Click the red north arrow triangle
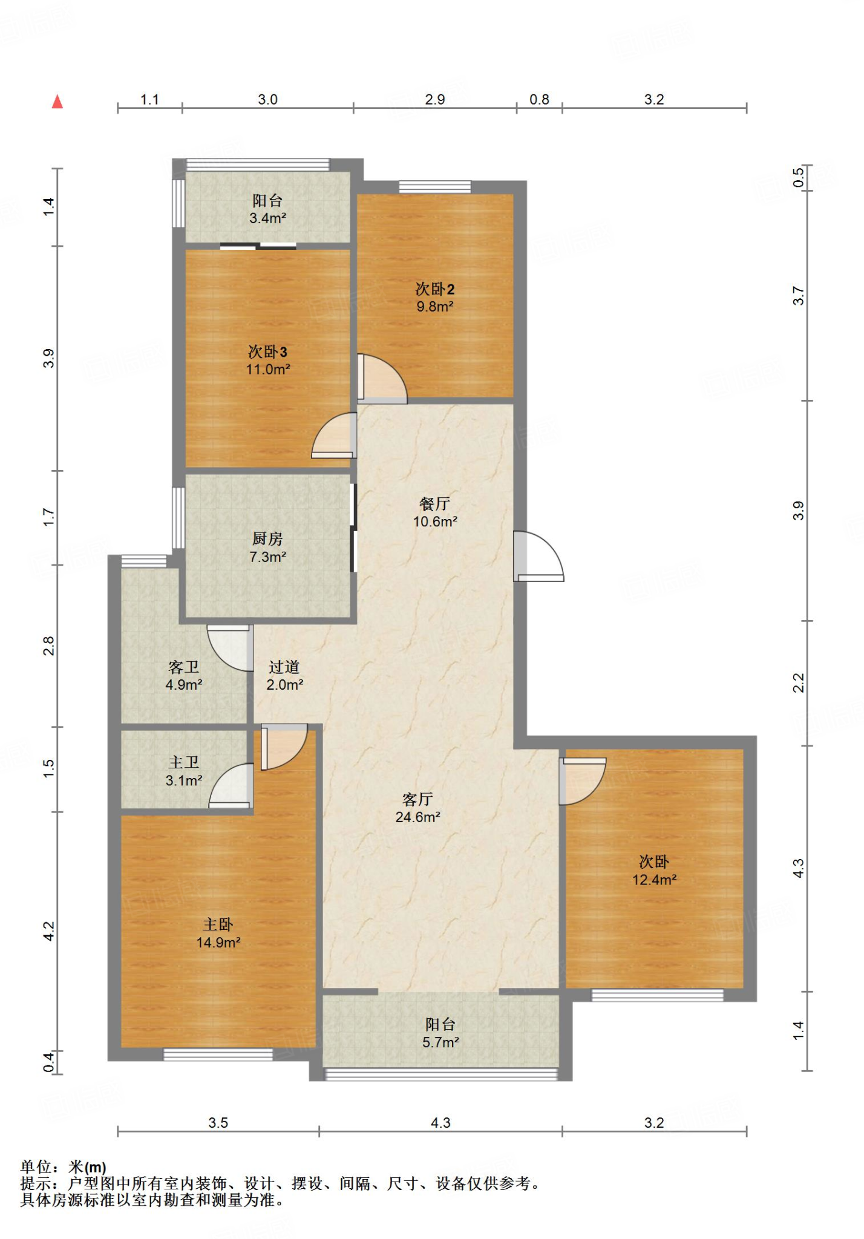point(57,102)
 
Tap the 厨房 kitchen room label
point(267,538)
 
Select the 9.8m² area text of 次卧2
point(435,307)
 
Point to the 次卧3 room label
point(267,351)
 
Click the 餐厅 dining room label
point(435,504)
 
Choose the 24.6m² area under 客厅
point(417,817)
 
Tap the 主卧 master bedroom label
point(218,924)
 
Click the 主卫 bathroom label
point(184,763)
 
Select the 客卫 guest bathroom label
point(184,667)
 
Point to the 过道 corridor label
point(284,667)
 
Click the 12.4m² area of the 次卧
point(654,880)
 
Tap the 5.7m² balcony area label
point(440,1042)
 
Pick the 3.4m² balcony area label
point(267,218)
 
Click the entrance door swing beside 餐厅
point(538,557)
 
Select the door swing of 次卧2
point(382,379)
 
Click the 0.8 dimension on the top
point(539,100)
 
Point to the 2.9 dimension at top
point(435,100)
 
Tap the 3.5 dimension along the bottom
point(218,1123)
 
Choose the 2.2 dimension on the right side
point(799,683)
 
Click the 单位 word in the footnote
point(36,1167)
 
